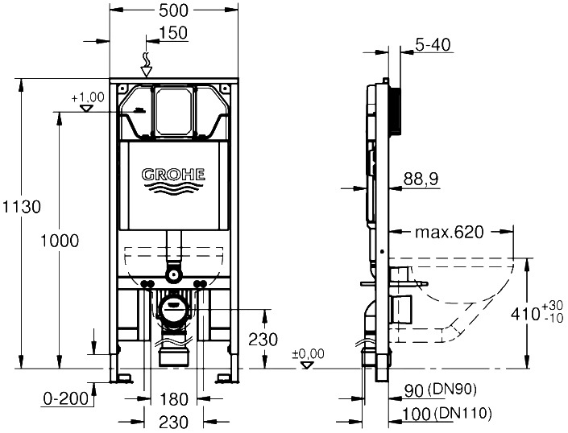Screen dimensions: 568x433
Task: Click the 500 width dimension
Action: click(174, 10)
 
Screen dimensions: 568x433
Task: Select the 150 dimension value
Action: click(173, 32)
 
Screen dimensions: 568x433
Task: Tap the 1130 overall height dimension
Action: click(22, 207)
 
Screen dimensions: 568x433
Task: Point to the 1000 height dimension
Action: click(60, 241)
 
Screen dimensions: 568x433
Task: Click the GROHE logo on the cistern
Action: click(173, 175)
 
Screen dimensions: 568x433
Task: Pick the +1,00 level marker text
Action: click(88, 97)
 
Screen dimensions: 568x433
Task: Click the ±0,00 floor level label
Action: click(309, 353)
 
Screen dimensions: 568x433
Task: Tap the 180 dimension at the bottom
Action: click(173, 399)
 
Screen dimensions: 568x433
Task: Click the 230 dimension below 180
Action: click(173, 422)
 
